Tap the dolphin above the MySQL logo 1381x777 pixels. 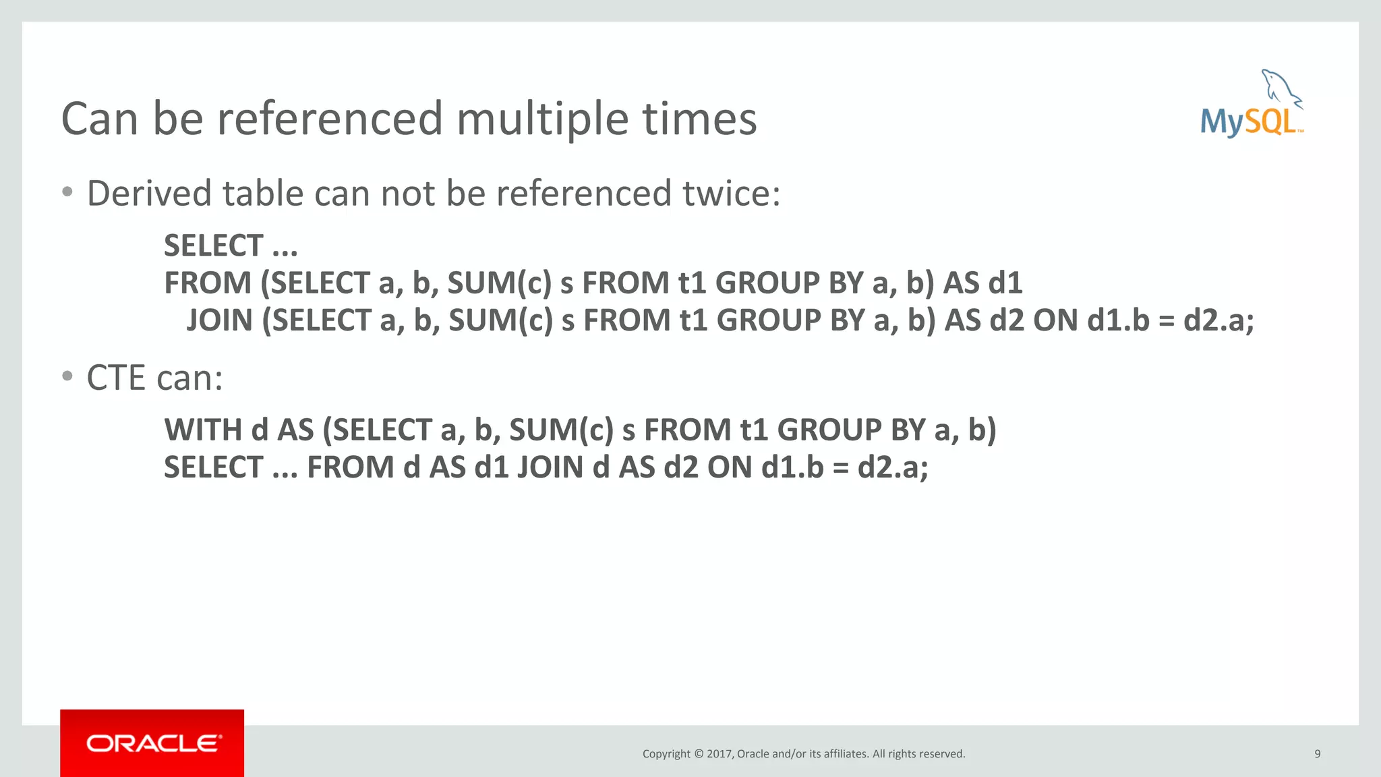(1281, 88)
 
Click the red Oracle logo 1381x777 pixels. (152, 743)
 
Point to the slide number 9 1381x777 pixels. (1317, 754)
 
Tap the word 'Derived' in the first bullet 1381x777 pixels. (149, 194)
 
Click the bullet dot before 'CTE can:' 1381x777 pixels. (67, 376)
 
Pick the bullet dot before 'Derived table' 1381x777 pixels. (67, 192)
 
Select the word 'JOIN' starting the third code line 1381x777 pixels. (219, 320)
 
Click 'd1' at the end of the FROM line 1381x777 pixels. (1003, 283)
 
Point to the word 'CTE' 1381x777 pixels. (116, 378)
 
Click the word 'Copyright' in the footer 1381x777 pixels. (666, 754)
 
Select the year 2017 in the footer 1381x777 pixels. (719, 754)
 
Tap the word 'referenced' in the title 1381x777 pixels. (328, 119)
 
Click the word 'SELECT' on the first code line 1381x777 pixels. (213, 246)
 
